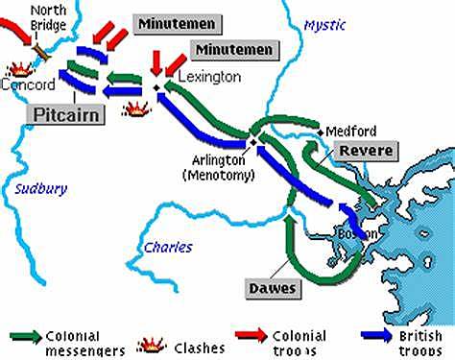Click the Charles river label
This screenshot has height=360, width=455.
(x=168, y=247)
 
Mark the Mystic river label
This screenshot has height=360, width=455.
(x=323, y=26)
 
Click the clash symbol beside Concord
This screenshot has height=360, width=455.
(x=18, y=67)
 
